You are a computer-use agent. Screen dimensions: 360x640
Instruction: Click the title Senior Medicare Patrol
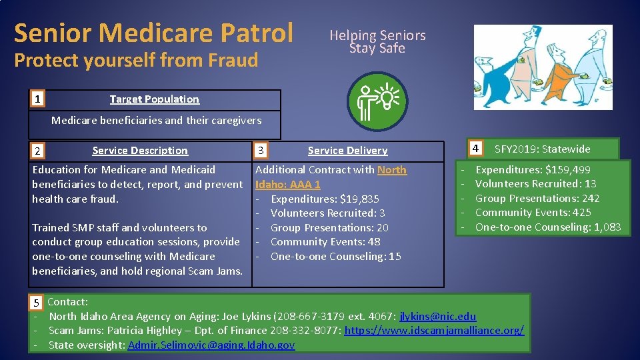coord(153,32)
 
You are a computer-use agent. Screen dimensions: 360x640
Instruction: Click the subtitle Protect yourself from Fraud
coord(136,60)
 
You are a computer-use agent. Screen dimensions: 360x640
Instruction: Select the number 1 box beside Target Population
coord(39,99)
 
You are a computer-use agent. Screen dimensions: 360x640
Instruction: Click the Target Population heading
coord(154,99)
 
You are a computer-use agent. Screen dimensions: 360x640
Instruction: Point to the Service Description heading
coord(140,151)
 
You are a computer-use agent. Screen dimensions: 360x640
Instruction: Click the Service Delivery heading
coord(347,151)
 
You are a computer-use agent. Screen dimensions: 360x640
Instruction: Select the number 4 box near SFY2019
coord(475,148)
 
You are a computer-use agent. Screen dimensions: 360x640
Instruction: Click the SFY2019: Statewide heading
coord(542,149)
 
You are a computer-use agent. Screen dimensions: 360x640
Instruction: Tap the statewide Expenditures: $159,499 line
coord(532,170)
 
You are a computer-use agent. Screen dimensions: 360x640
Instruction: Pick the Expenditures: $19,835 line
coord(325,199)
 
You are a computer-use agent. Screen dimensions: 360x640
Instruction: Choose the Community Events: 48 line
coord(325,242)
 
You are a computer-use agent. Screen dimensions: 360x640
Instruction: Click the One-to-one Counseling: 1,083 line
coord(547,227)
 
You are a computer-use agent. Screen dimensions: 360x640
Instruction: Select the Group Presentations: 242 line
coord(537,199)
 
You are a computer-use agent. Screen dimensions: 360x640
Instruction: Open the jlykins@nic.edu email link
coord(437,316)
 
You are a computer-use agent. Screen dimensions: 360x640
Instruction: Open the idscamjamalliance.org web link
coord(434,331)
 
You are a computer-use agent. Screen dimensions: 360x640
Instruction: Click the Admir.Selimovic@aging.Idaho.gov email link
coord(211,345)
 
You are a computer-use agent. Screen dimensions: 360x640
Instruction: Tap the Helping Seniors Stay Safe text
coord(377,41)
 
